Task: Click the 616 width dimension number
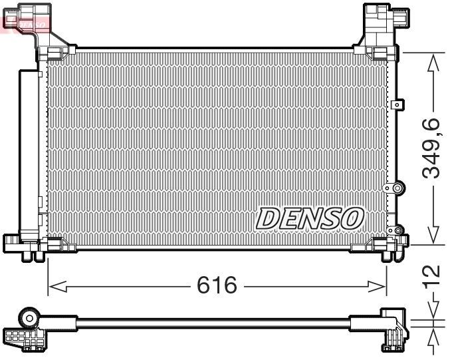click(217, 285)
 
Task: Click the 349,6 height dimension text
click(433, 148)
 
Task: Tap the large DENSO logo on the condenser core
click(310, 217)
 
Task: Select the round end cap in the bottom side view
click(31, 315)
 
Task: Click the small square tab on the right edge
click(398, 104)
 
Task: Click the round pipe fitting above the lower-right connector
click(397, 189)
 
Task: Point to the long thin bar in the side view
click(213, 323)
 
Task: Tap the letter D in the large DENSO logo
click(267, 217)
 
